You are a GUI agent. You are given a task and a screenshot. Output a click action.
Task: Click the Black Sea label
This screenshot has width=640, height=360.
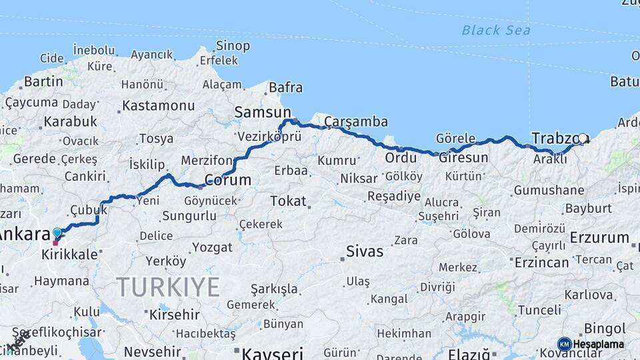(496, 30)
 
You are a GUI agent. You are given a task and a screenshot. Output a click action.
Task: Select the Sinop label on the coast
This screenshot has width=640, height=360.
(233, 46)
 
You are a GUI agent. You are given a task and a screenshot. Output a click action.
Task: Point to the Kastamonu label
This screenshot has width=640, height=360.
(158, 105)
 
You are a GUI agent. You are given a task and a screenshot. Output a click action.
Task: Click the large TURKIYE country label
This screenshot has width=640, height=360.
(168, 287)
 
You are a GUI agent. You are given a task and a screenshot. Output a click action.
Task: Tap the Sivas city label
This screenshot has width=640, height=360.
(365, 251)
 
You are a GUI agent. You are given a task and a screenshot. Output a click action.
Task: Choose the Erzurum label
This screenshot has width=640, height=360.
(599, 237)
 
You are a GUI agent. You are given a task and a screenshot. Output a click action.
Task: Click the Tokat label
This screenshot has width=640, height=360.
(288, 201)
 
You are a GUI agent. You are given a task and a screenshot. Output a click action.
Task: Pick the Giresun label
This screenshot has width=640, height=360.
(463, 158)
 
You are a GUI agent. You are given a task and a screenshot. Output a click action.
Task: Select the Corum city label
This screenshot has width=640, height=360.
(227, 180)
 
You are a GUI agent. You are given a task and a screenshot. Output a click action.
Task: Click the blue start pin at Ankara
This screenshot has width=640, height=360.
(57, 233)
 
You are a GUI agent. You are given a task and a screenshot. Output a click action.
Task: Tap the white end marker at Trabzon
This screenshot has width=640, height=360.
(583, 139)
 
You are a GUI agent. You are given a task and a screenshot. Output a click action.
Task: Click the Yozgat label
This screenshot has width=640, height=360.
(212, 247)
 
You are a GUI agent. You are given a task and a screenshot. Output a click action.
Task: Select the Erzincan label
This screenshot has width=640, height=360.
(541, 262)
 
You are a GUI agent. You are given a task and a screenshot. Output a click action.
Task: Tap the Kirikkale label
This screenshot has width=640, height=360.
(69, 255)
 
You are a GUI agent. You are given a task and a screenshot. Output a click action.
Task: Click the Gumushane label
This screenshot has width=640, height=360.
(549, 190)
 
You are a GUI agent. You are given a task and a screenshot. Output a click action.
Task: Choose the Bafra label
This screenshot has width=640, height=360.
(285, 87)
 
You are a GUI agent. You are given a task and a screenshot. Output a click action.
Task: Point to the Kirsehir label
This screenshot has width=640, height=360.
(175, 314)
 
